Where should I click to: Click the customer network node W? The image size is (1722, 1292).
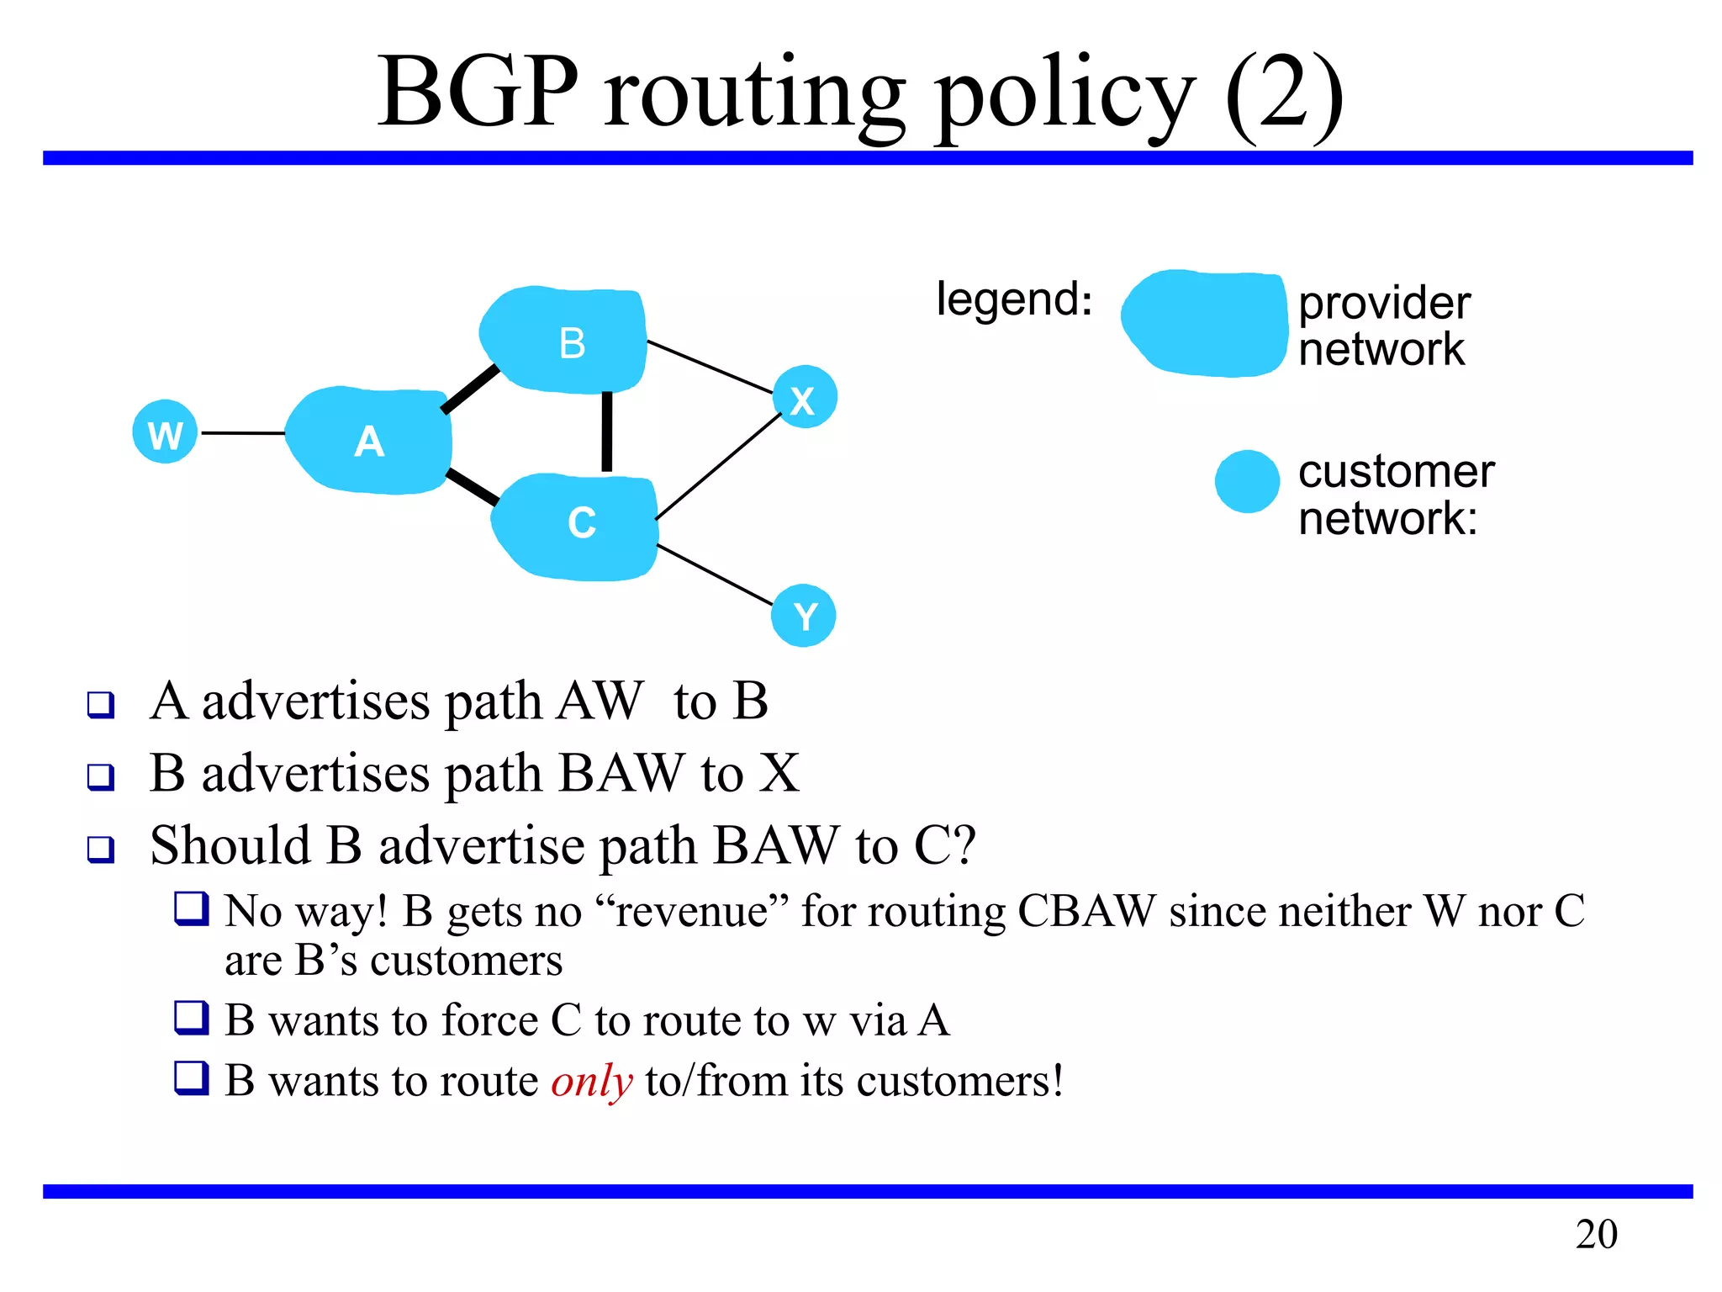pos(165,432)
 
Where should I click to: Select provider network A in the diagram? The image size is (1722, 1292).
pos(368,440)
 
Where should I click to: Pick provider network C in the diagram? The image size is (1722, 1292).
pos(575,526)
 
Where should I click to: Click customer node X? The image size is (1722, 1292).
pos(805,398)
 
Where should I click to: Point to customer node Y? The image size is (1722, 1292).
pos(803,616)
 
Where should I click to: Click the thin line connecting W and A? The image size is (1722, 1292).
pos(242,433)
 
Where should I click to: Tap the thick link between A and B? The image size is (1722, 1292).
pos(470,389)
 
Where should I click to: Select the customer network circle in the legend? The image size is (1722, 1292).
pos(1247,481)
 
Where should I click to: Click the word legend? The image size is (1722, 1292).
pos(1014,299)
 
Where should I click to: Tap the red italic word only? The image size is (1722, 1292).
pos(591,1082)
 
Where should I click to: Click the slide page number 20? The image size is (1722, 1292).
pos(1596,1235)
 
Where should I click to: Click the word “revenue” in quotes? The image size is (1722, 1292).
pos(691,912)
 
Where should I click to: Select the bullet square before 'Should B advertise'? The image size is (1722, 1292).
pos(101,849)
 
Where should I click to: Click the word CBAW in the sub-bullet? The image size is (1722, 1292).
pos(1086,912)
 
